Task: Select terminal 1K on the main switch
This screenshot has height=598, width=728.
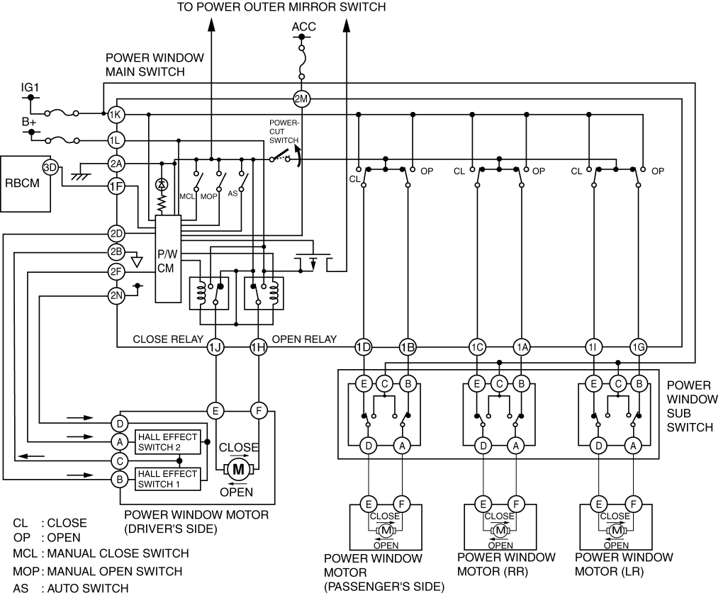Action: click(x=116, y=114)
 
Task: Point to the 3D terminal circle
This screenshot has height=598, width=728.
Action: click(x=50, y=167)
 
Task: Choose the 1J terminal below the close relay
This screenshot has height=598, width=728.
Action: click(x=215, y=346)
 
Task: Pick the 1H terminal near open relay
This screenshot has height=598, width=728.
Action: click(x=258, y=346)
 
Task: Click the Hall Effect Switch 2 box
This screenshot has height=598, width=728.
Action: click(x=168, y=441)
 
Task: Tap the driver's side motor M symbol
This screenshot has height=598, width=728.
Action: click(x=238, y=468)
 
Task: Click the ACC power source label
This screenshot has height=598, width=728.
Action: click(x=303, y=28)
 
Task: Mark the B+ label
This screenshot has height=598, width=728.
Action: click(x=28, y=121)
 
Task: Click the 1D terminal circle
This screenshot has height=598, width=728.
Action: click(x=363, y=346)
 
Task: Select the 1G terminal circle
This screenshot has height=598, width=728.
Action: click(x=638, y=346)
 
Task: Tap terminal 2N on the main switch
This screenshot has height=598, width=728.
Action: click(x=116, y=295)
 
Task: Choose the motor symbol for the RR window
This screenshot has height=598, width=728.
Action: click(x=501, y=530)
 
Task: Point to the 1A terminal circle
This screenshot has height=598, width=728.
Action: click(x=522, y=346)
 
